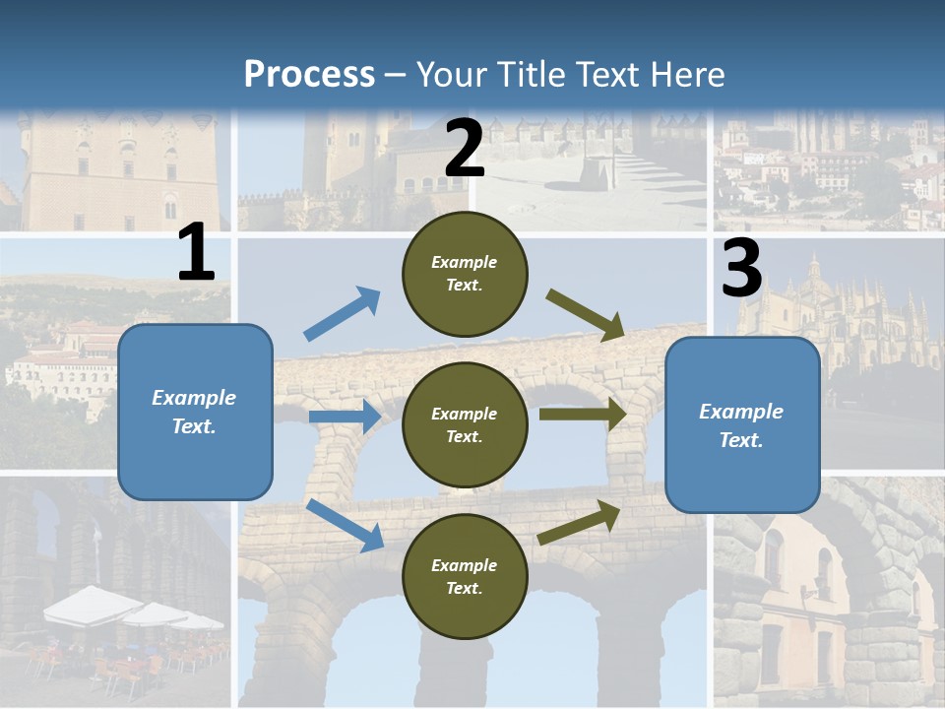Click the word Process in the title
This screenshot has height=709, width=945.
pyautogui.click(x=309, y=74)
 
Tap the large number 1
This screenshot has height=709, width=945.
pyautogui.click(x=196, y=253)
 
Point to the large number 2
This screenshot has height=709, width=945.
pyautogui.click(x=465, y=149)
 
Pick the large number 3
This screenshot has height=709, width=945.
pyautogui.click(x=741, y=269)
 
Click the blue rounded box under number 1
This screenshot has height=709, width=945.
pyautogui.click(x=195, y=412)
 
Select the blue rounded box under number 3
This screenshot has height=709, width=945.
pyautogui.click(x=742, y=424)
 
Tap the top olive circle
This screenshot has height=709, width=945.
pyautogui.click(x=465, y=273)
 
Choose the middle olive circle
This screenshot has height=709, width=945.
pyautogui.click(x=465, y=424)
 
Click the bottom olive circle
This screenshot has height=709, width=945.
pyautogui.click(x=465, y=576)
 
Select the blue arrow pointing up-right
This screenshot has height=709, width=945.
pyautogui.click(x=343, y=314)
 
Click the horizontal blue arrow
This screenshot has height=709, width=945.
pyautogui.click(x=345, y=417)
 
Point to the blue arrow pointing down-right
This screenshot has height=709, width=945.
pyautogui.click(x=345, y=525)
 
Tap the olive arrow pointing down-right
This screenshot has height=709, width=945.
pyautogui.click(x=586, y=314)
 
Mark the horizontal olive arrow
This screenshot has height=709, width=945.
pyautogui.click(x=583, y=414)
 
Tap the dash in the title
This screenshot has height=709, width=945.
pyautogui.click(x=396, y=75)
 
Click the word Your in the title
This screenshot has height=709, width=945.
pyautogui.click(x=451, y=74)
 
